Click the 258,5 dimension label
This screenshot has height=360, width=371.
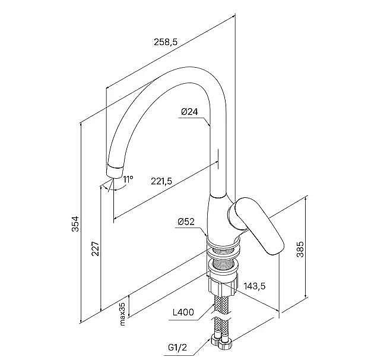[x=166, y=42]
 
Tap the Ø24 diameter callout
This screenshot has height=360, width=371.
[x=189, y=112]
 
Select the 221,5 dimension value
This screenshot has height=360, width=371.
[x=162, y=181]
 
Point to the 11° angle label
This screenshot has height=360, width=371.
[x=128, y=179]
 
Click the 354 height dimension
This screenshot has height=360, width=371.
[x=76, y=224]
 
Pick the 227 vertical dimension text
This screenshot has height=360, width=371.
[x=96, y=249]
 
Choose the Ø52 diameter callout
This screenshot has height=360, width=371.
[x=186, y=222]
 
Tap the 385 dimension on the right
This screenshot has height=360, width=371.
[x=300, y=249]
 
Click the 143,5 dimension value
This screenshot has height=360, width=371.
[x=255, y=286]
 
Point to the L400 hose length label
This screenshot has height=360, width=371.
[x=183, y=312]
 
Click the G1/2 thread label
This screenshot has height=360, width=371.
[x=177, y=348]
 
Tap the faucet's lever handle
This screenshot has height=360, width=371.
[x=256, y=225]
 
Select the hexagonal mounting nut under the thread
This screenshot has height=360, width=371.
[x=223, y=286]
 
